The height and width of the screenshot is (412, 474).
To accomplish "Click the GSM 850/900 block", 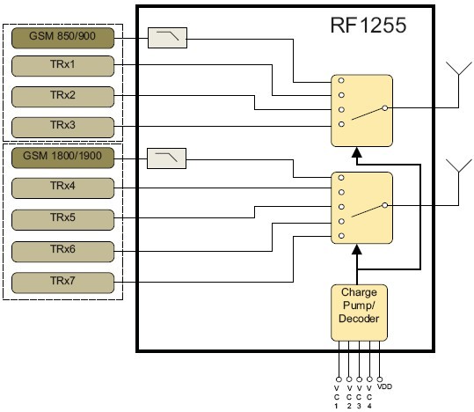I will (62, 38).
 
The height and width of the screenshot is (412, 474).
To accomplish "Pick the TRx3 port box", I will (62, 125).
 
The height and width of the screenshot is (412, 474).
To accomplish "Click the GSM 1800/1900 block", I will (62, 159).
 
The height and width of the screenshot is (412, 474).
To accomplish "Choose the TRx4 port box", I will (62, 188).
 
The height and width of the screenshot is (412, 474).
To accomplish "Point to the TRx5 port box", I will (62, 218).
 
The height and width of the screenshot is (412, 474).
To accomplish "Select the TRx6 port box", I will (62, 250).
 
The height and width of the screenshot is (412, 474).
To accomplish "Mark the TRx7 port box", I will (62, 282).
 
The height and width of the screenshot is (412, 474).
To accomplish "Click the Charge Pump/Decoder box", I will (358, 312).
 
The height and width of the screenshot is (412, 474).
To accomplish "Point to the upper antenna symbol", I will (456, 72).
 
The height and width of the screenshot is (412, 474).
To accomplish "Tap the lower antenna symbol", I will (456, 169).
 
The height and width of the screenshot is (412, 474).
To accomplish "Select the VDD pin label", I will (384, 386).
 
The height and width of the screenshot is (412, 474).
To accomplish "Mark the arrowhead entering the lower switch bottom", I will (357, 252).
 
